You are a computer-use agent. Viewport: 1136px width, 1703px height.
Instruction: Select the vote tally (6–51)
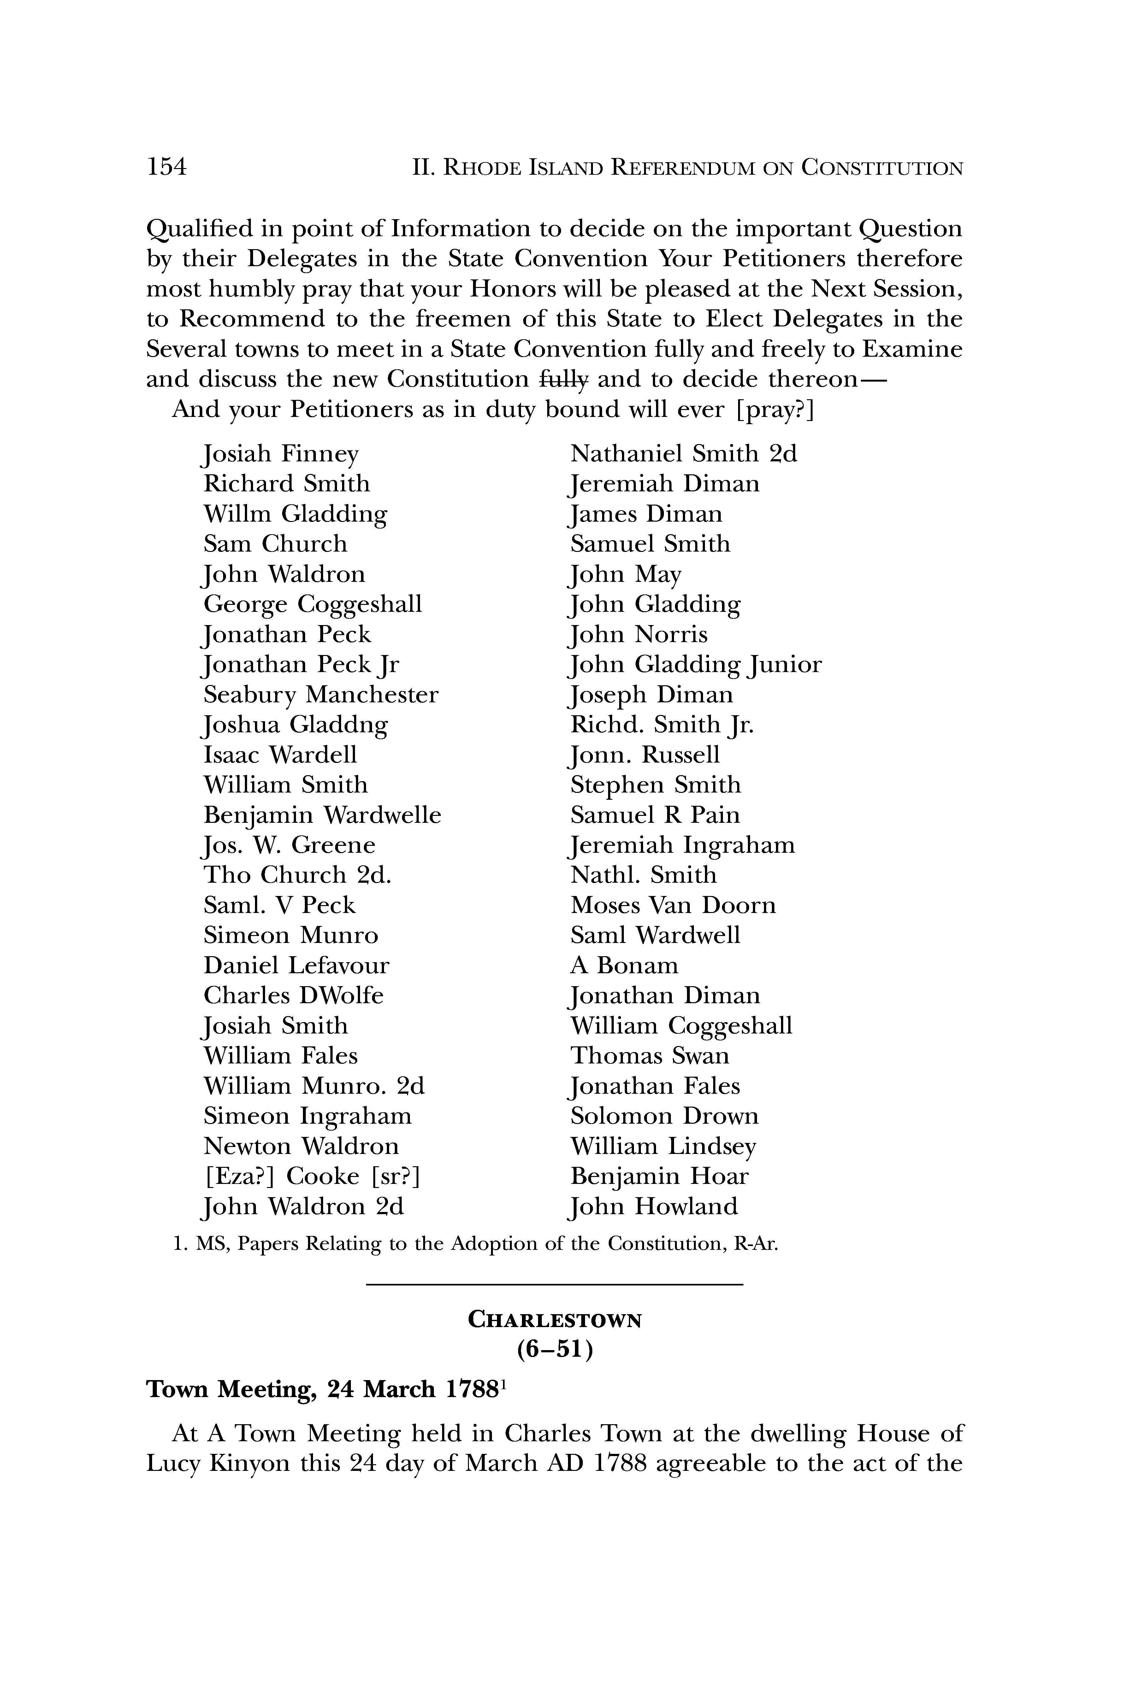click(x=555, y=1350)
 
